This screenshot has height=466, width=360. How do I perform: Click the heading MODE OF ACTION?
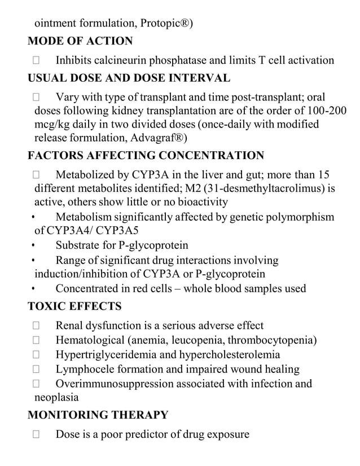pyautogui.click(x=80, y=41)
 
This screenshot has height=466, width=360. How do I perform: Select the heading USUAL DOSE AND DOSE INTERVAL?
pyautogui.click(x=129, y=78)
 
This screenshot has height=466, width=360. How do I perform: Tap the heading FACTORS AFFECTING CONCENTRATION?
pyautogui.click(x=146, y=156)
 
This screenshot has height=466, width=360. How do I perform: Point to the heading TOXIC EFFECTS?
pyautogui.click(x=74, y=307)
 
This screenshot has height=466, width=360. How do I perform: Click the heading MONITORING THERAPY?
pyautogui.click(x=98, y=415)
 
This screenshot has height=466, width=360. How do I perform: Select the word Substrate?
pyautogui.click(x=80, y=245)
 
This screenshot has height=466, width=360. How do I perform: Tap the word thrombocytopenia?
pyautogui.click(x=270, y=340)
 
